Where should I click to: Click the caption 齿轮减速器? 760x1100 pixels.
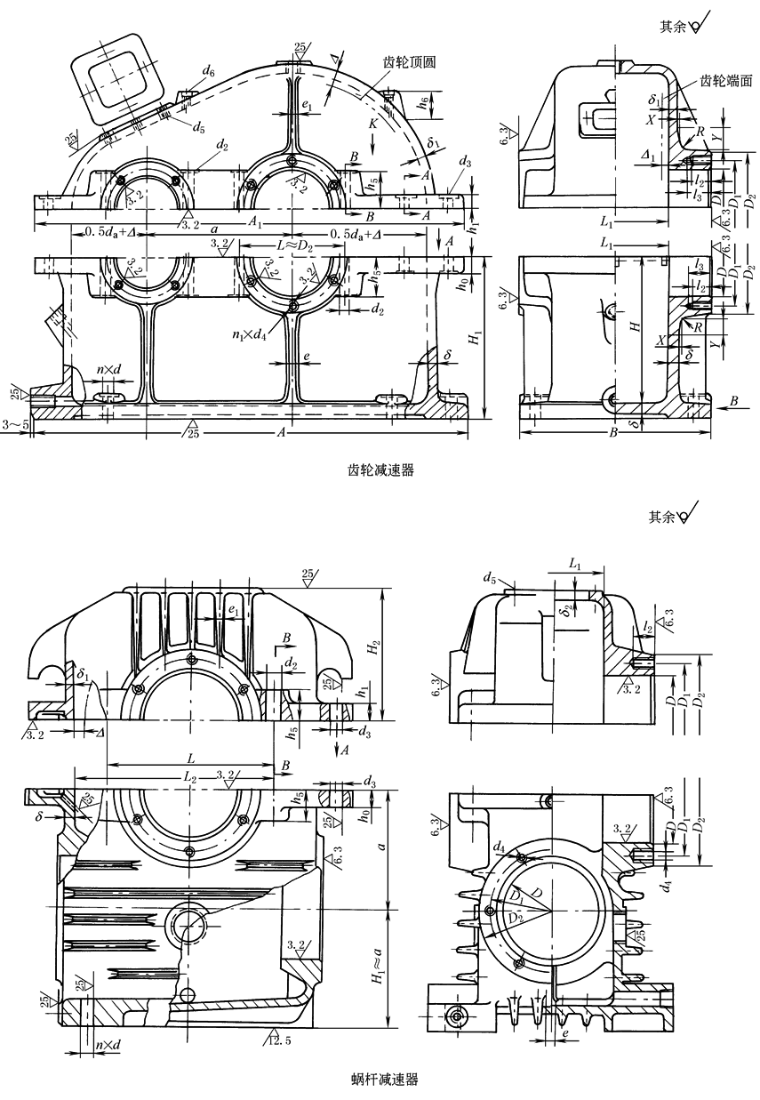coord(380,471)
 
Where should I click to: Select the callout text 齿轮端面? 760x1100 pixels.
coord(727,80)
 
